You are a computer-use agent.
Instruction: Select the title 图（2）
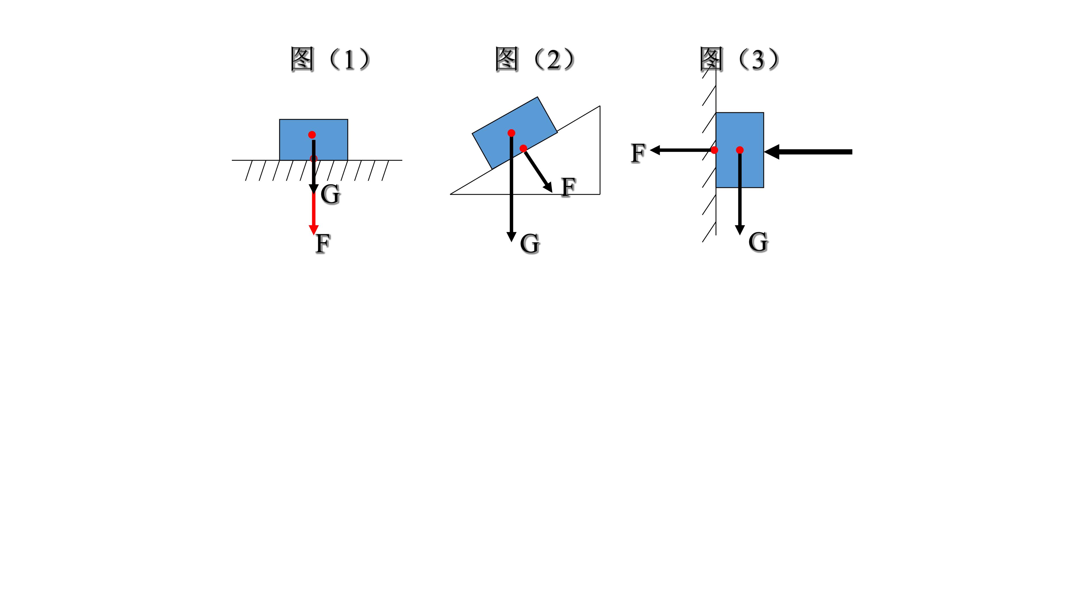[534, 59]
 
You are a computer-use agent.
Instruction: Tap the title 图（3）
[739, 59]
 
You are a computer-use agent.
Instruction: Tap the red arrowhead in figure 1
[313, 229]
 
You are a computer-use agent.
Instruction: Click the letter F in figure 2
[568, 187]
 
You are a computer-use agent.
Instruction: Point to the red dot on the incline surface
[523, 148]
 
